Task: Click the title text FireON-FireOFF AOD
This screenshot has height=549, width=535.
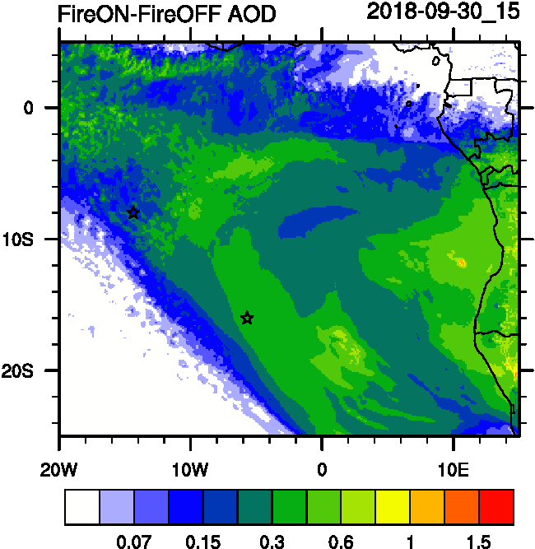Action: click(167, 14)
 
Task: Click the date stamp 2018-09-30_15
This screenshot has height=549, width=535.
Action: click(443, 12)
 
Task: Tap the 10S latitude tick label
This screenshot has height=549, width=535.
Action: click(37, 239)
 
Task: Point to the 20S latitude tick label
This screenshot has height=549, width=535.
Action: click(37, 370)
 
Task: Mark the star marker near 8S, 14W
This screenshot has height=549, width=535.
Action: click(133, 212)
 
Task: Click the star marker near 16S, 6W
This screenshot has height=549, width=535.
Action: click(247, 318)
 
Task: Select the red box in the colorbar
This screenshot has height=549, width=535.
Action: click(496, 506)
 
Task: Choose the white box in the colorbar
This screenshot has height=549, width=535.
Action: click(81, 506)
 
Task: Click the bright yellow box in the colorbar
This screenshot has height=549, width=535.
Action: click(393, 506)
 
